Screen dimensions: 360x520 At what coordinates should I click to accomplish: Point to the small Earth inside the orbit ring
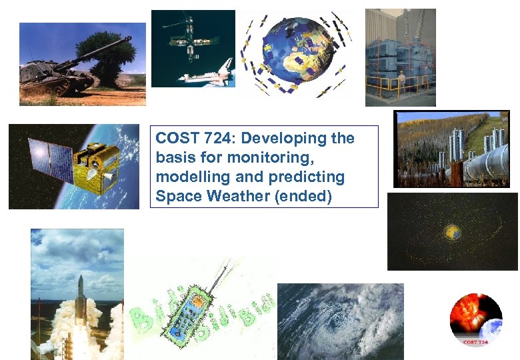pos(453,232)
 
